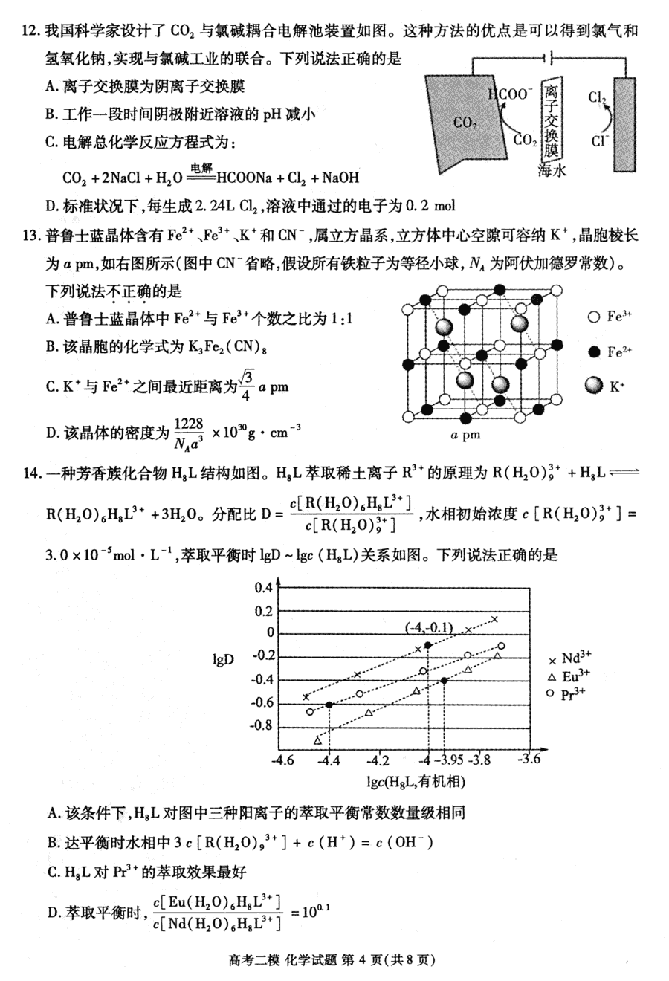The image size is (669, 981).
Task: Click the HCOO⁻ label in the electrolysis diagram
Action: (x=510, y=94)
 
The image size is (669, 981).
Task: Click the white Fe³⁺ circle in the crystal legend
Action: (x=593, y=317)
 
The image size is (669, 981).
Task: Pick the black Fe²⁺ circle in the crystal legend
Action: (x=593, y=352)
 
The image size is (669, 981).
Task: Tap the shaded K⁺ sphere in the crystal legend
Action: (x=593, y=385)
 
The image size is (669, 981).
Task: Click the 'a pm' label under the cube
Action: (x=466, y=436)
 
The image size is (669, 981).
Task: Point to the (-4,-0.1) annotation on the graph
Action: (x=429, y=628)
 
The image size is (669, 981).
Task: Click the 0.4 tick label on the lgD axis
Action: (x=264, y=588)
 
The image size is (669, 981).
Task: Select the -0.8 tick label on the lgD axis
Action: (x=262, y=726)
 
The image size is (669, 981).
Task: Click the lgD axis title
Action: (x=223, y=658)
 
